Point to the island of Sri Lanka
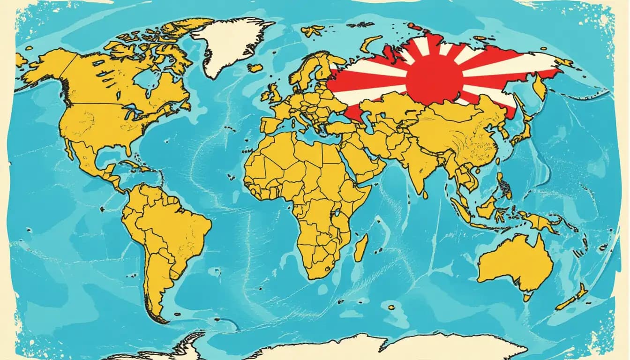(425, 193)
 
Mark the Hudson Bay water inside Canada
(141, 80)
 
